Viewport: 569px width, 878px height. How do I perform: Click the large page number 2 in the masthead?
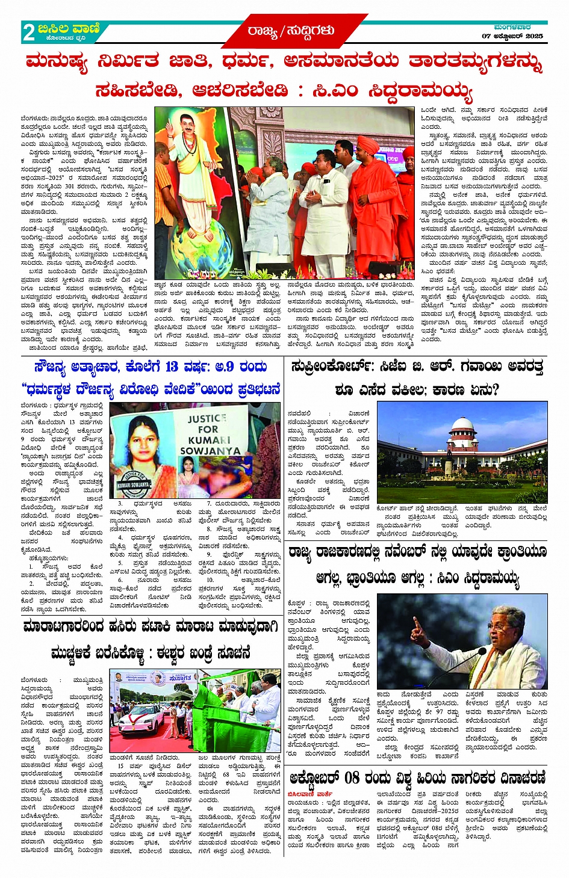(x=28, y=32)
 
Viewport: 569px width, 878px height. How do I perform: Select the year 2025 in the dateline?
(x=532, y=36)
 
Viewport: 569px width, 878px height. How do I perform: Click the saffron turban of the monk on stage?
(x=368, y=144)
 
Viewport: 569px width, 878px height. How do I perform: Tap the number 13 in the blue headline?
(x=172, y=366)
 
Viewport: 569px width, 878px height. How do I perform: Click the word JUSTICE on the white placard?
(x=207, y=419)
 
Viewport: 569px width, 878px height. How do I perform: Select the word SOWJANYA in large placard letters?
(x=210, y=451)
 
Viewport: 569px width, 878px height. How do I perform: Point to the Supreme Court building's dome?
(x=463, y=425)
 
